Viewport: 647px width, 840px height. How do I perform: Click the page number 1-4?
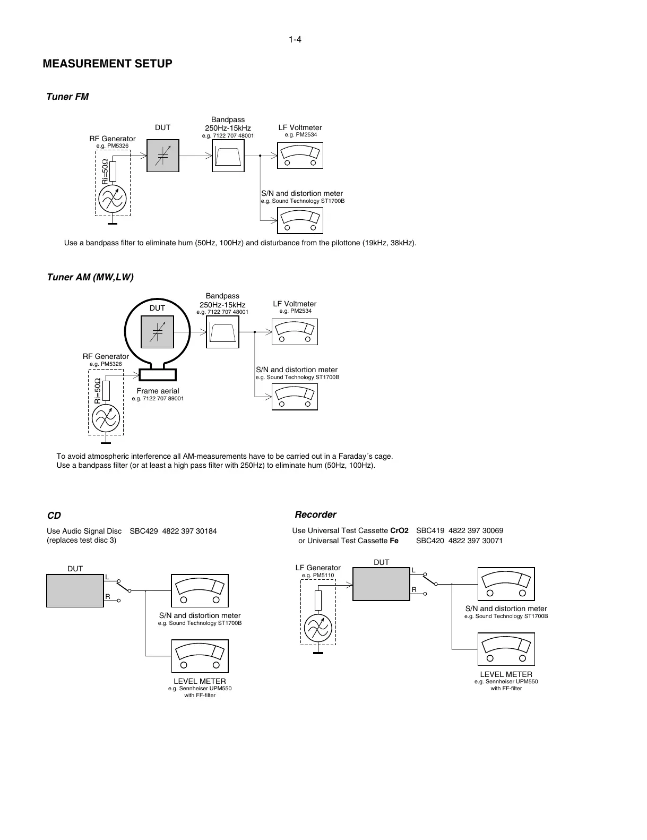(x=295, y=40)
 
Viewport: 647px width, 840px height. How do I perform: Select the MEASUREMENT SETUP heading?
(x=107, y=64)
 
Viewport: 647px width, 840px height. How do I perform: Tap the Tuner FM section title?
(x=67, y=97)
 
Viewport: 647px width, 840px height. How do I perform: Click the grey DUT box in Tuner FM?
(x=163, y=156)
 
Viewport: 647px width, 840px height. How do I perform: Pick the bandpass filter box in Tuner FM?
(x=228, y=156)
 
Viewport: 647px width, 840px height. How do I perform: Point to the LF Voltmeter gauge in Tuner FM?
(x=300, y=156)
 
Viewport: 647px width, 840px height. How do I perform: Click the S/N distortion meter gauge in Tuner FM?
(x=300, y=220)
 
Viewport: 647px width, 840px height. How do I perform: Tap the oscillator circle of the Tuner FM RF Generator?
(x=113, y=199)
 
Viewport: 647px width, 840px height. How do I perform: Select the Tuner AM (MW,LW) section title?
(x=90, y=277)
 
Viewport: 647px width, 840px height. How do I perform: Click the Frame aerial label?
(x=158, y=391)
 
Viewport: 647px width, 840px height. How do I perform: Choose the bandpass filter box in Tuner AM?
(x=222, y=332)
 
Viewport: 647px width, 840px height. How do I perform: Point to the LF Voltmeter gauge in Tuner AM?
(x=295, y=332)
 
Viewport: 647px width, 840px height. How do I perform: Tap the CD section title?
(x=54, y=516)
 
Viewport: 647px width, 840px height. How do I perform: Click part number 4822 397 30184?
(x=189, y=531)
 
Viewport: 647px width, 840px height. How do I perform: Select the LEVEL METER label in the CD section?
(x=200, y=681)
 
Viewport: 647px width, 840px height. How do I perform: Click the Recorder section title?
(x=315, y=515)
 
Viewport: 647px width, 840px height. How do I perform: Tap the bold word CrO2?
(x=399, y=530)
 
